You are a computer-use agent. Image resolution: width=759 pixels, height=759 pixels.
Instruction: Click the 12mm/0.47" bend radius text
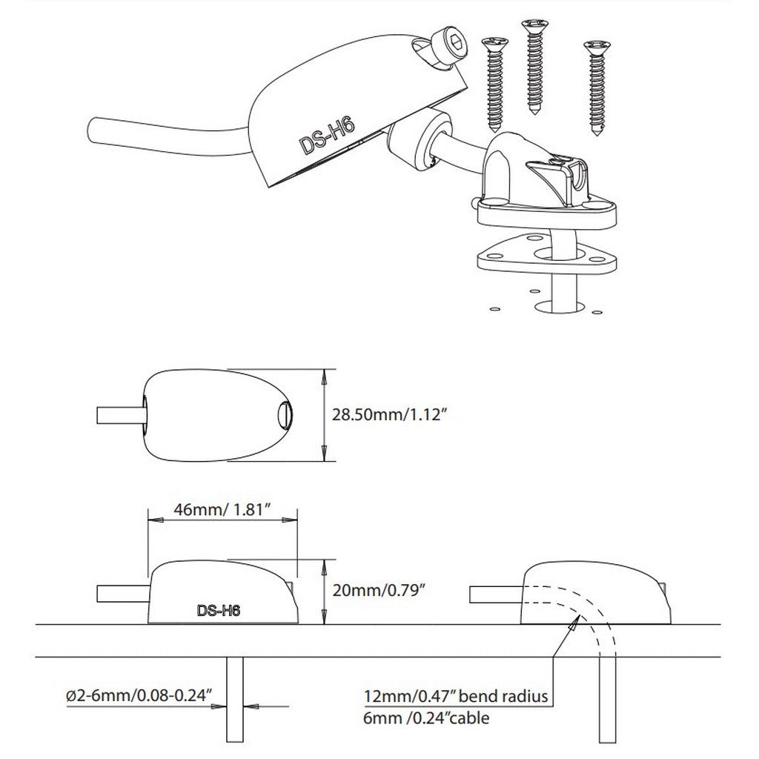(x=455, y=697)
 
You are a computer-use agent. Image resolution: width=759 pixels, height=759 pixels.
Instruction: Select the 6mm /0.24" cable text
(x=426, y=717)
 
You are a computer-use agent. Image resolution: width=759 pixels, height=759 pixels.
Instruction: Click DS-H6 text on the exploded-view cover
(x=327, y=136)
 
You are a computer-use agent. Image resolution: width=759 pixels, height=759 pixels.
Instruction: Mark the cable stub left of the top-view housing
(x=117, y=413)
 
